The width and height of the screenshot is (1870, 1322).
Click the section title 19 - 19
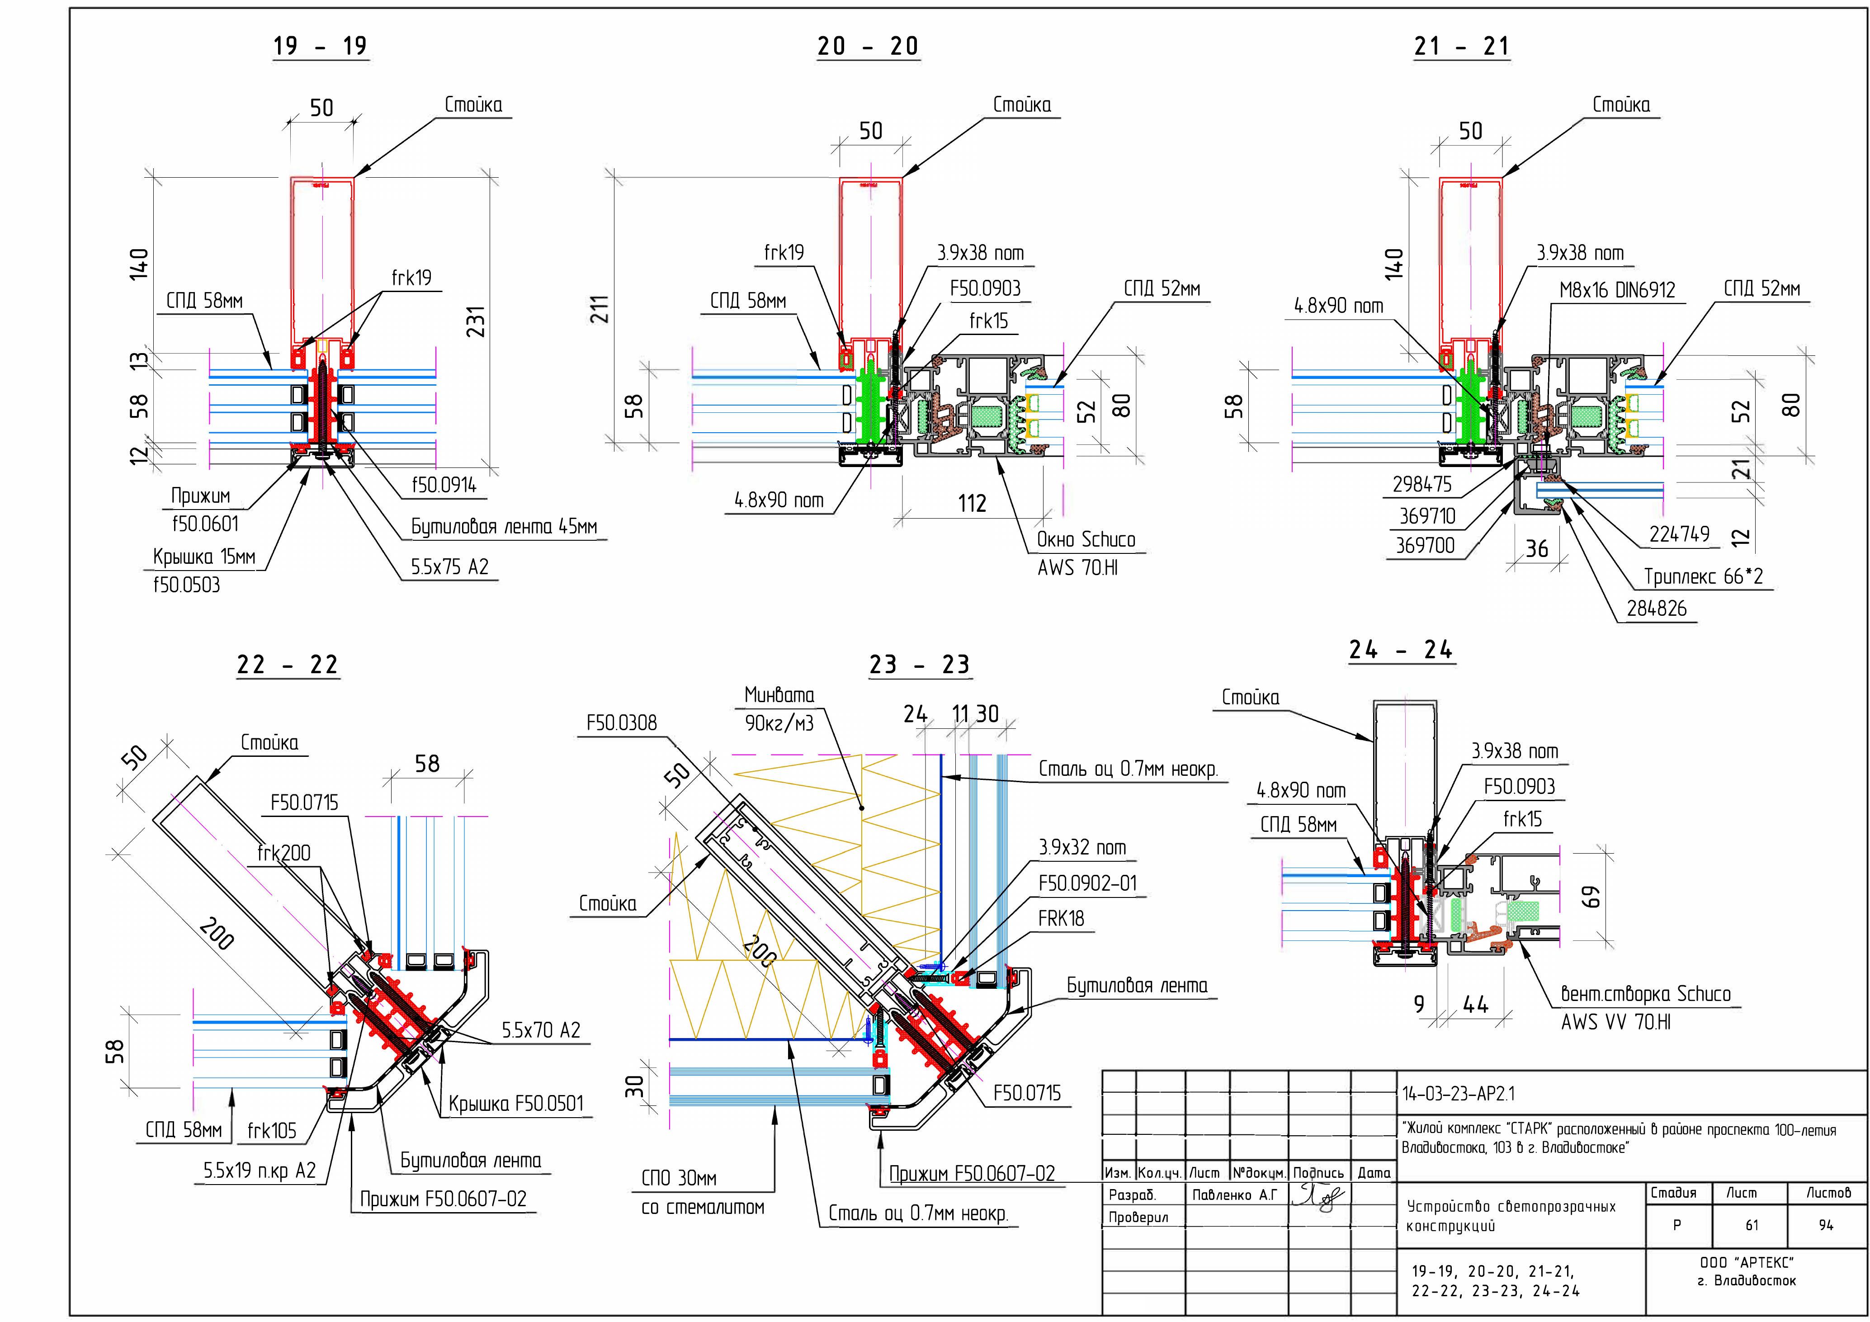point(320,47)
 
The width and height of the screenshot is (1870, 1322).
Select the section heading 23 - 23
point(920,665)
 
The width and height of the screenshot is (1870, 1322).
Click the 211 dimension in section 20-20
point(600,310)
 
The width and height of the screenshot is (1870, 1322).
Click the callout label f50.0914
point(444,486)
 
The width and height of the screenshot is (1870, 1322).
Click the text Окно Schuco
point(1086,539)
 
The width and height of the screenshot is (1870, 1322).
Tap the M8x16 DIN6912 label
point(1617,290)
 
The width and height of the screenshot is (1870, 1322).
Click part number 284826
point(1657,609)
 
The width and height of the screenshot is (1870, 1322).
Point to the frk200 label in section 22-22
point(283,853)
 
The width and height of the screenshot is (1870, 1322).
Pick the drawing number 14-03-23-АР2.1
point(1458,1094)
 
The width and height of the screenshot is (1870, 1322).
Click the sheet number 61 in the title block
point(1751,1225)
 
